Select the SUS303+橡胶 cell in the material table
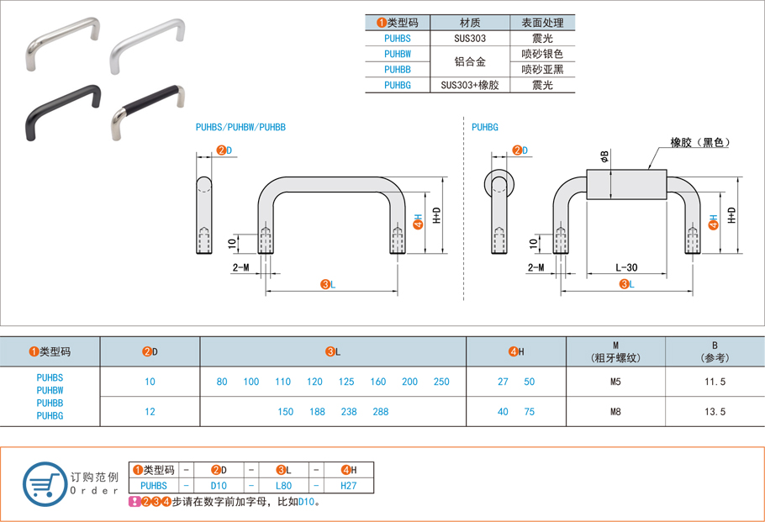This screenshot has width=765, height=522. click(470, 85)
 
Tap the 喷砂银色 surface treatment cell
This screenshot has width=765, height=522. click(542, 54)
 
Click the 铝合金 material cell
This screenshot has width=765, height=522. click(470, 61)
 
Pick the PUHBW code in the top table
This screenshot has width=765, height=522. click(397, 54)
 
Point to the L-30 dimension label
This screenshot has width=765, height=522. click(626, 267)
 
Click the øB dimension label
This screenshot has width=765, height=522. click(604, 156)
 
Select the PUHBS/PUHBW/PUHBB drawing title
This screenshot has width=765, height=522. click(240, 127)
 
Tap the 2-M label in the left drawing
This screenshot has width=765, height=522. click(240, 267)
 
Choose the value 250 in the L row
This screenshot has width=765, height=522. click(441, 382)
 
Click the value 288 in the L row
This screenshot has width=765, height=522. click(381, 412)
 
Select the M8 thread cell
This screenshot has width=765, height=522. click(615, 412)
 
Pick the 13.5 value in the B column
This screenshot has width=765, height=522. click(715, 412)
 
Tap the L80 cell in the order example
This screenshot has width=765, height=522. click(284, 485)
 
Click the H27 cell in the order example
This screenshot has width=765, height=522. click(348, 485)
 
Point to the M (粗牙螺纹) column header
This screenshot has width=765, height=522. click(615, 351)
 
